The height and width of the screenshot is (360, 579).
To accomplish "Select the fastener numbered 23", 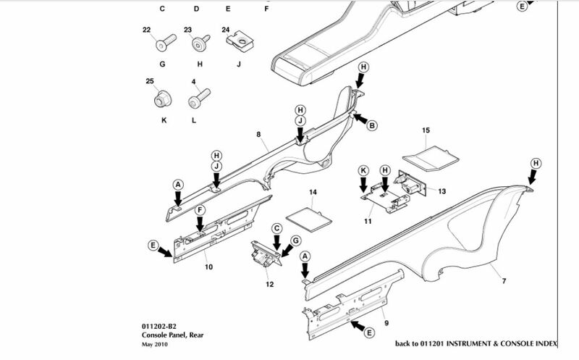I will pyautogui.click(x=197, y=43).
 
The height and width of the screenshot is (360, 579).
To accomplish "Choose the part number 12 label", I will pyautogui.click(x=269, y=284).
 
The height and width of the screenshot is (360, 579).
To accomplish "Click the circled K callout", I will pyautogui.click(x=365, y=169).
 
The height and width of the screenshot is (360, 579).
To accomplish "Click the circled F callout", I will pyautogui.click(x=200, y=209).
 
